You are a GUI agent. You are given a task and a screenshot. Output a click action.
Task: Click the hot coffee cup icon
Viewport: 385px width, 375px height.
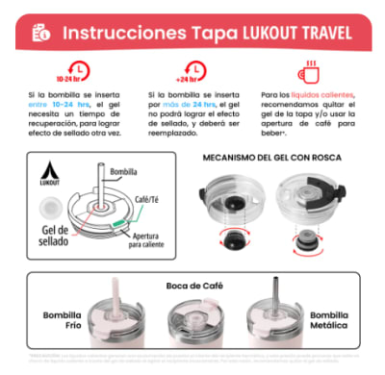tap(309, 70)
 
